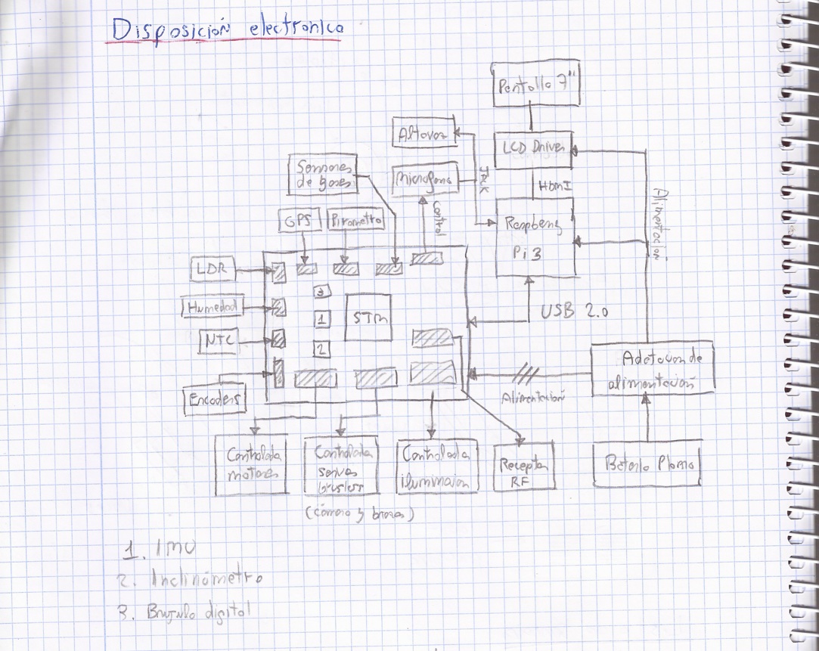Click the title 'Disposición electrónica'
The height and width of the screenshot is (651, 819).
227,30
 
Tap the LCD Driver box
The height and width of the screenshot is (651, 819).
534,149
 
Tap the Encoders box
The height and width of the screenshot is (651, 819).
216,398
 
